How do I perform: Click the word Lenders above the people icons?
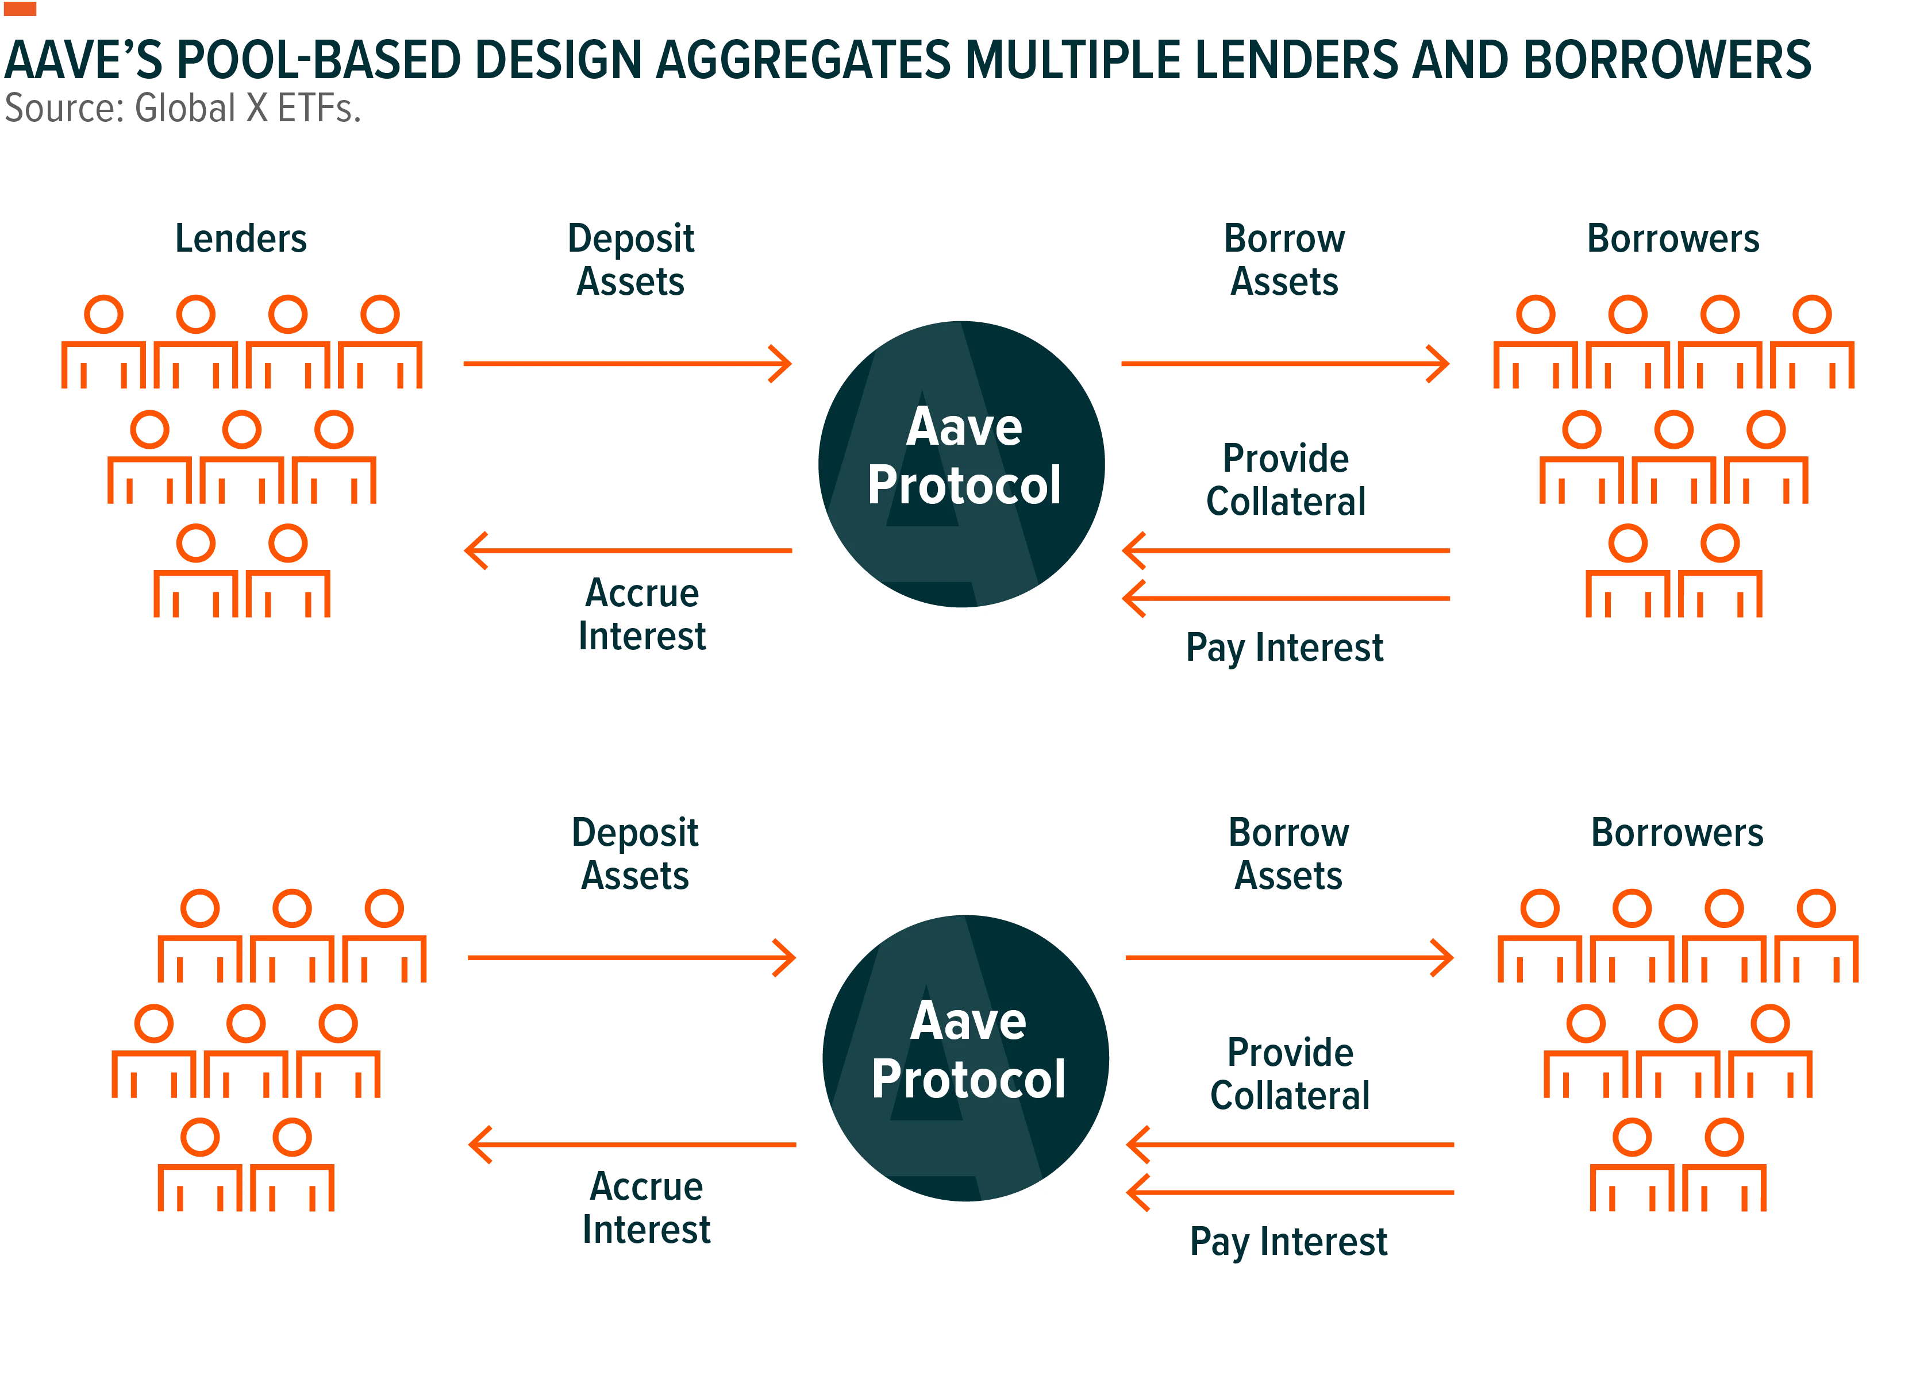tap(241, 239)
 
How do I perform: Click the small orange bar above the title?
tap(20, 9)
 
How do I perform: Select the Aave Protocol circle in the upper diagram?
tap(961, 464)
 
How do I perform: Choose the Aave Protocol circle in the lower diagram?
tap(965, 1058)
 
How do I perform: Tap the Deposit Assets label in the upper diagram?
tap(631, 260)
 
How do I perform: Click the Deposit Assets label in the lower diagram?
tap(635, 854)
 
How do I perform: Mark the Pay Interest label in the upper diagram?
tap(1285, 649)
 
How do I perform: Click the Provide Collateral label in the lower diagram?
tap(1290, 1074)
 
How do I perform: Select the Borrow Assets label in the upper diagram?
tap(1285, 260)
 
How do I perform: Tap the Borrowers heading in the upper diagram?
tap(1673, 239)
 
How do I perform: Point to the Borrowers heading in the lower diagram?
tap(1678, 833)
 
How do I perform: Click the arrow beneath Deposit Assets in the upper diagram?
tap(628, 364)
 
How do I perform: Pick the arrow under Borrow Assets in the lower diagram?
tap(1290, 958)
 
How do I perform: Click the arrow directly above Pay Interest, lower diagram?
tap(1290, 1193)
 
